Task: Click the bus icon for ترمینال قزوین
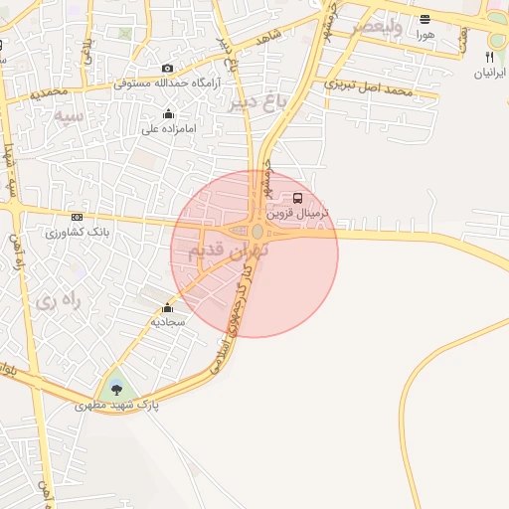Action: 299,198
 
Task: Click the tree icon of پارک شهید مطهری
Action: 118,389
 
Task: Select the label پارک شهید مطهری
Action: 118,406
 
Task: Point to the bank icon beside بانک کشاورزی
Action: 77,218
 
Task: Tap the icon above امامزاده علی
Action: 168,113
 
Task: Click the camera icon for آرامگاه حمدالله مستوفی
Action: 168,68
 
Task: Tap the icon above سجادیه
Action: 166,307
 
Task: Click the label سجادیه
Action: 166,322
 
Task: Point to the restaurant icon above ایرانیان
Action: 489,58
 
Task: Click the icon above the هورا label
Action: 425,19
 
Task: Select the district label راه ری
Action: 58,299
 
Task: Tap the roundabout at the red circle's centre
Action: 256,232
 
